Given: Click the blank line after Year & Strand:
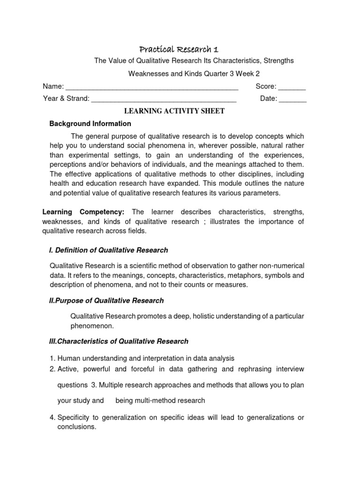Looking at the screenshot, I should tap(164, 100).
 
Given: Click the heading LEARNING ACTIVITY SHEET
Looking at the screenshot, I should tap(174, 111).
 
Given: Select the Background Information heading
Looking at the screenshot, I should tap(90, 124).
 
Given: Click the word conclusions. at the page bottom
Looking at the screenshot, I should tap(77, 427).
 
